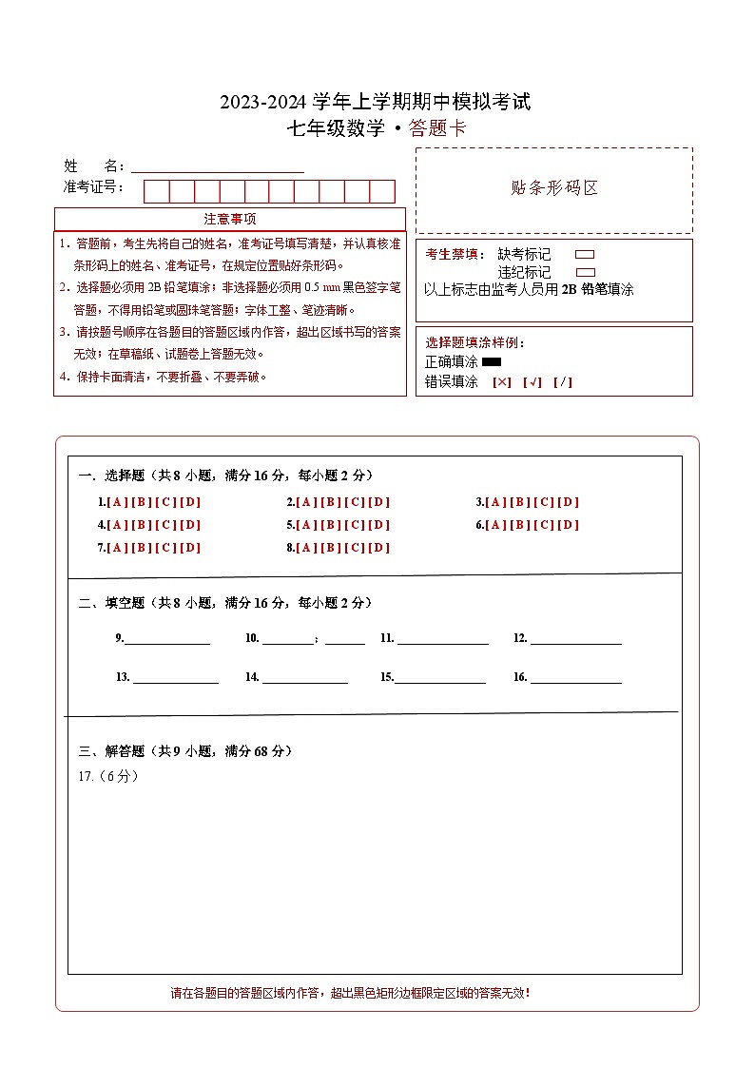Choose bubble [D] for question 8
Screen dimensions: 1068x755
379,548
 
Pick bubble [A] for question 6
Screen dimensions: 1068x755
495,525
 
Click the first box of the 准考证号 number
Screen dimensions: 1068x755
156,192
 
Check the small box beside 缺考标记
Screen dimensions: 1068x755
586,255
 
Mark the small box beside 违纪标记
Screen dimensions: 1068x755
586,272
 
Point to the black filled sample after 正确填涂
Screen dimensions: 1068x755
492,362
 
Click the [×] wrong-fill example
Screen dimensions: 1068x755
502,382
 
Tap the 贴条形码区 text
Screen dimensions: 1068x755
554,188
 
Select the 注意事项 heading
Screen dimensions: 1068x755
230,220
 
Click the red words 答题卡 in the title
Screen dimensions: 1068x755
437,129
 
